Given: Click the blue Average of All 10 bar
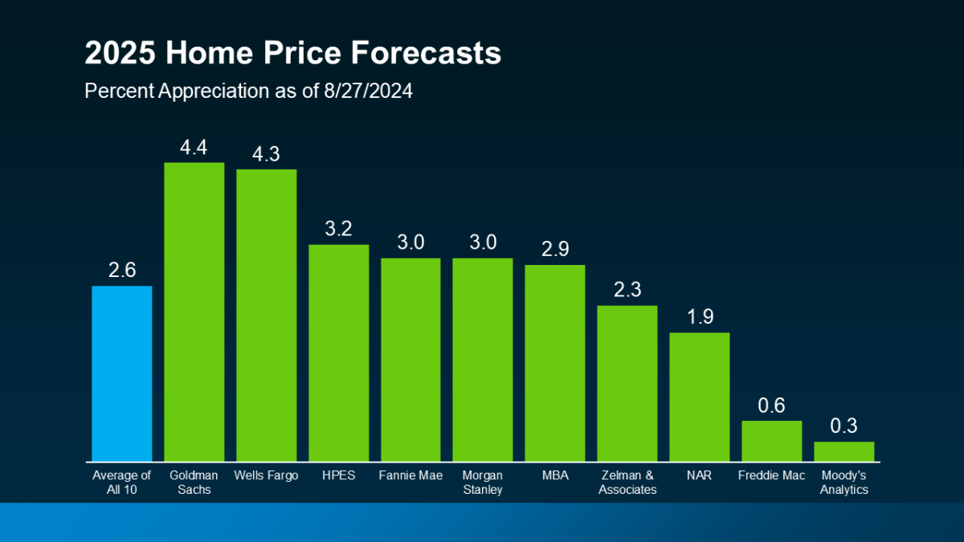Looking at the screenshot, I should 121,373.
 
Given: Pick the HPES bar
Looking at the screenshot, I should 338,353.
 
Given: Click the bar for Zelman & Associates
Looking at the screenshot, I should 627,383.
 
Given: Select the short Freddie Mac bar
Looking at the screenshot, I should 771,441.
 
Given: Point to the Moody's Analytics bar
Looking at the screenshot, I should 843,451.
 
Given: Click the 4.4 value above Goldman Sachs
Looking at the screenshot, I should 194,147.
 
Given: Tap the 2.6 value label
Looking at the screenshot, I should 121,271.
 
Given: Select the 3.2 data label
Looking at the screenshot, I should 338,229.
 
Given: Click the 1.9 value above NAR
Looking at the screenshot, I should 699,317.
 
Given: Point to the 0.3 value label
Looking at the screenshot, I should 843,426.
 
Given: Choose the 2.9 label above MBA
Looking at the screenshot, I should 554,249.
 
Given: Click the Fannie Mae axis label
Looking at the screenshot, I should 411,475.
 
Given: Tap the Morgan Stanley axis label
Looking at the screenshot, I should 482,482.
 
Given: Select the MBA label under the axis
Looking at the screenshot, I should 554,475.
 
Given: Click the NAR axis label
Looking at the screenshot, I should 699,475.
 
